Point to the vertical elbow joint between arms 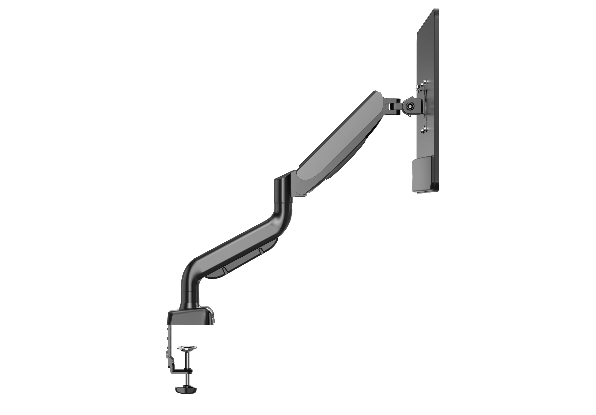283,189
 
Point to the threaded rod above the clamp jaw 187,363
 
